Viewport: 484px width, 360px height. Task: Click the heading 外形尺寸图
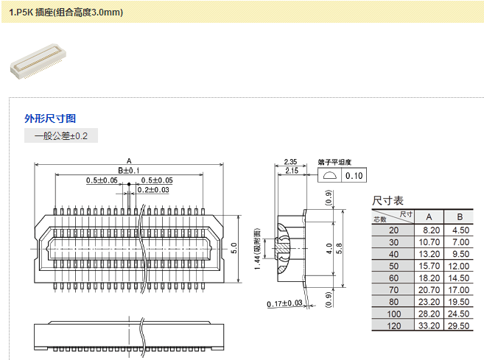[x=50, y=118]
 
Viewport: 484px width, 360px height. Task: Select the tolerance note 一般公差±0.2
[x=61, y=136]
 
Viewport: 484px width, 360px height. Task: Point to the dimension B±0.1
[x=129, y=171]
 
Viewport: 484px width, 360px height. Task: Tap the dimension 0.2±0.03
[x=153, y=190]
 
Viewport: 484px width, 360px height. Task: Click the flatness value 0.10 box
[x=354, y=175]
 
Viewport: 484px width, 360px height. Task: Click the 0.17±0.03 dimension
[x=285, y=303]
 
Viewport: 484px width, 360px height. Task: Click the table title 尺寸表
[x=387, y=200]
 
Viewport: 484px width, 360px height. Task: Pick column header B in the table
[x=459, y=216]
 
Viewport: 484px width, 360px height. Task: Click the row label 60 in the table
[x=393, y=278]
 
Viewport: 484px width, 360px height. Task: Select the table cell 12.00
[x=459, y=266]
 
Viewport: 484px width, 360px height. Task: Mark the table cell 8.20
[x=431, y=230]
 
